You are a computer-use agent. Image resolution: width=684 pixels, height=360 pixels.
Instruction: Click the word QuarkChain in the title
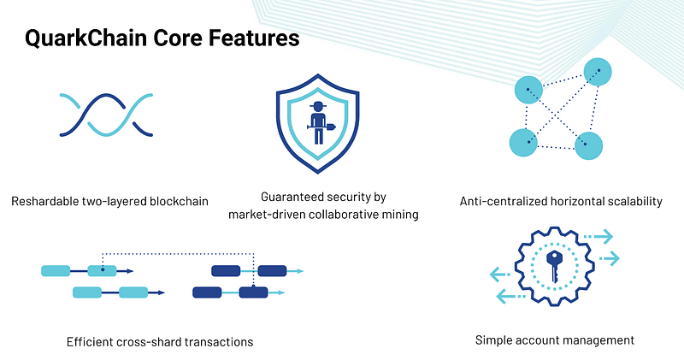85,38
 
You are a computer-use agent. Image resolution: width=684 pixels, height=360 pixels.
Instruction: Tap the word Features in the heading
254,38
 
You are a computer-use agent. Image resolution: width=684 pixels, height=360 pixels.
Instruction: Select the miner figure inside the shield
320,123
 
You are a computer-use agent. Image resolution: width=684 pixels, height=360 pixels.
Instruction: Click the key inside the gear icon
553,266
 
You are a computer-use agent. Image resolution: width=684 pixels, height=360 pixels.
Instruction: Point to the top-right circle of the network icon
598,72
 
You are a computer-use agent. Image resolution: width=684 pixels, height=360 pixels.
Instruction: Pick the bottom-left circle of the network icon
523,143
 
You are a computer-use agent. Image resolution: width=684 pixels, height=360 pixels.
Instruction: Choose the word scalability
635,202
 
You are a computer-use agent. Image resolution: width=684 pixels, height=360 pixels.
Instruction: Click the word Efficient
90,341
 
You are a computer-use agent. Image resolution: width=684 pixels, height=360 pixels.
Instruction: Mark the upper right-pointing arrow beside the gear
598,237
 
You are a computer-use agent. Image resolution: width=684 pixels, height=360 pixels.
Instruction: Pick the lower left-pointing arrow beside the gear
511,296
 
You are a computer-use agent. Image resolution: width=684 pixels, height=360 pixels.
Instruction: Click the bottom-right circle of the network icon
588,145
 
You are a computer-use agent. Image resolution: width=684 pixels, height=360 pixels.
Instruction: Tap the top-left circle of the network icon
528,90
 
